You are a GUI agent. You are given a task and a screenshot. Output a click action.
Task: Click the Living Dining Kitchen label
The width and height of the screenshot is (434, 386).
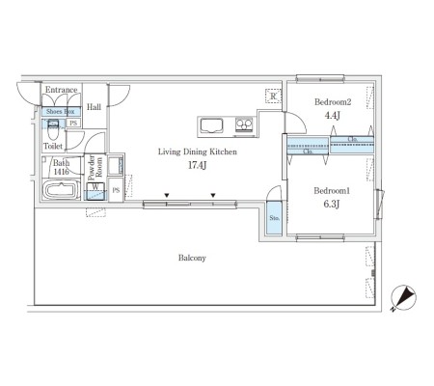tap(198, 152)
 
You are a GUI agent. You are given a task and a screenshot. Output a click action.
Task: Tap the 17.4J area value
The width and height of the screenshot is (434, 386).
tap(197, 165)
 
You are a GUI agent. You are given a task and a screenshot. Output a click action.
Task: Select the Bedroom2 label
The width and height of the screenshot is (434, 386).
tap(333, 102)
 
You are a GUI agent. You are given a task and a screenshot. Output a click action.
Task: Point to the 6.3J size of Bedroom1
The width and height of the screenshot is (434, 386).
tap(332, 204)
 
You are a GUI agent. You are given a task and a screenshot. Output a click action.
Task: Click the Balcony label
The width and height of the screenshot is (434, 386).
tap(192, 258)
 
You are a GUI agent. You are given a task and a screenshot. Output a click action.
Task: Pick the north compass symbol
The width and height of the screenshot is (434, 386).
tap(404, 298)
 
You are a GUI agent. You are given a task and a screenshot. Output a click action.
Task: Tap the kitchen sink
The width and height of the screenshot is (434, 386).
tap(211, 125)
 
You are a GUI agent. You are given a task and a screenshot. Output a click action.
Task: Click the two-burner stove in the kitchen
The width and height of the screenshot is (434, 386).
tap(244, 124)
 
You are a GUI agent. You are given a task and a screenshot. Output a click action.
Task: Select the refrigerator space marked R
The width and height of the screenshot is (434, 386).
tap(273, 96)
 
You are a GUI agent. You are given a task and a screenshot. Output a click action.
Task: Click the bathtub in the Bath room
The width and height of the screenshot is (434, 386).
tap(61, 190)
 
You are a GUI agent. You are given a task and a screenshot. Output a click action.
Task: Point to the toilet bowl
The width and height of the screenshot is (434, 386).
tap(53, 129)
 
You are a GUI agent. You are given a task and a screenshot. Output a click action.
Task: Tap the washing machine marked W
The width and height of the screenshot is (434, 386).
tap(95, 191)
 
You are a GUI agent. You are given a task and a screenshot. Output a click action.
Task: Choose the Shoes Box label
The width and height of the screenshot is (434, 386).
tap(61, 112)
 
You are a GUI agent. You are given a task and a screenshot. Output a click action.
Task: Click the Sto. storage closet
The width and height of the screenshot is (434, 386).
tap(274, 218)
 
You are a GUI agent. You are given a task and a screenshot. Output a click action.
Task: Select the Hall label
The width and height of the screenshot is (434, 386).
tap(94, 107)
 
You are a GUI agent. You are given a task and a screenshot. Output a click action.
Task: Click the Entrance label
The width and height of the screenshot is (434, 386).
tap(61, 90)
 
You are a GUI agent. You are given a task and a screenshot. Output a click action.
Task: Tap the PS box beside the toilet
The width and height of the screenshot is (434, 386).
tap(73, 123)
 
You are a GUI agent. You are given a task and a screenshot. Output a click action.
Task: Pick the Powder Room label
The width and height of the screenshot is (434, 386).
tap(95, 168)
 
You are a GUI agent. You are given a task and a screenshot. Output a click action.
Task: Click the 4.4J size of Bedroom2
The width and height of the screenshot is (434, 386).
tap(332, 116)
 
